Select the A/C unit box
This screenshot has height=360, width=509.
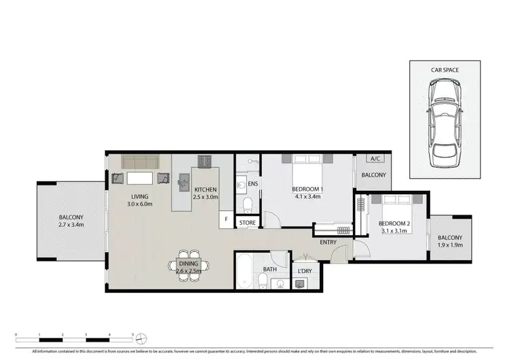tap(374, 159)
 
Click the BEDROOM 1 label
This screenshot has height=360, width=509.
tap(307, 189)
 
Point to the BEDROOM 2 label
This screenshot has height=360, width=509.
tap(394, 223)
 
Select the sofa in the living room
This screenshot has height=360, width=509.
tap(140, 163)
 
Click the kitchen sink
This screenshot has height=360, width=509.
tap(183, 181)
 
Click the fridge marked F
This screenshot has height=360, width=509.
tap(227, 219)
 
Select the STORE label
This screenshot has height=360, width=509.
tap(247, 222)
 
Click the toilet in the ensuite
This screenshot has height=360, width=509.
tap(247, 204)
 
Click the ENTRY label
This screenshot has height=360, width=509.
tap(328, 242)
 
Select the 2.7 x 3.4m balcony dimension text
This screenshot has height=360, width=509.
tap(71, 224)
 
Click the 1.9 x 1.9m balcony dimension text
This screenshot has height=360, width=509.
tap(449, 245)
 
